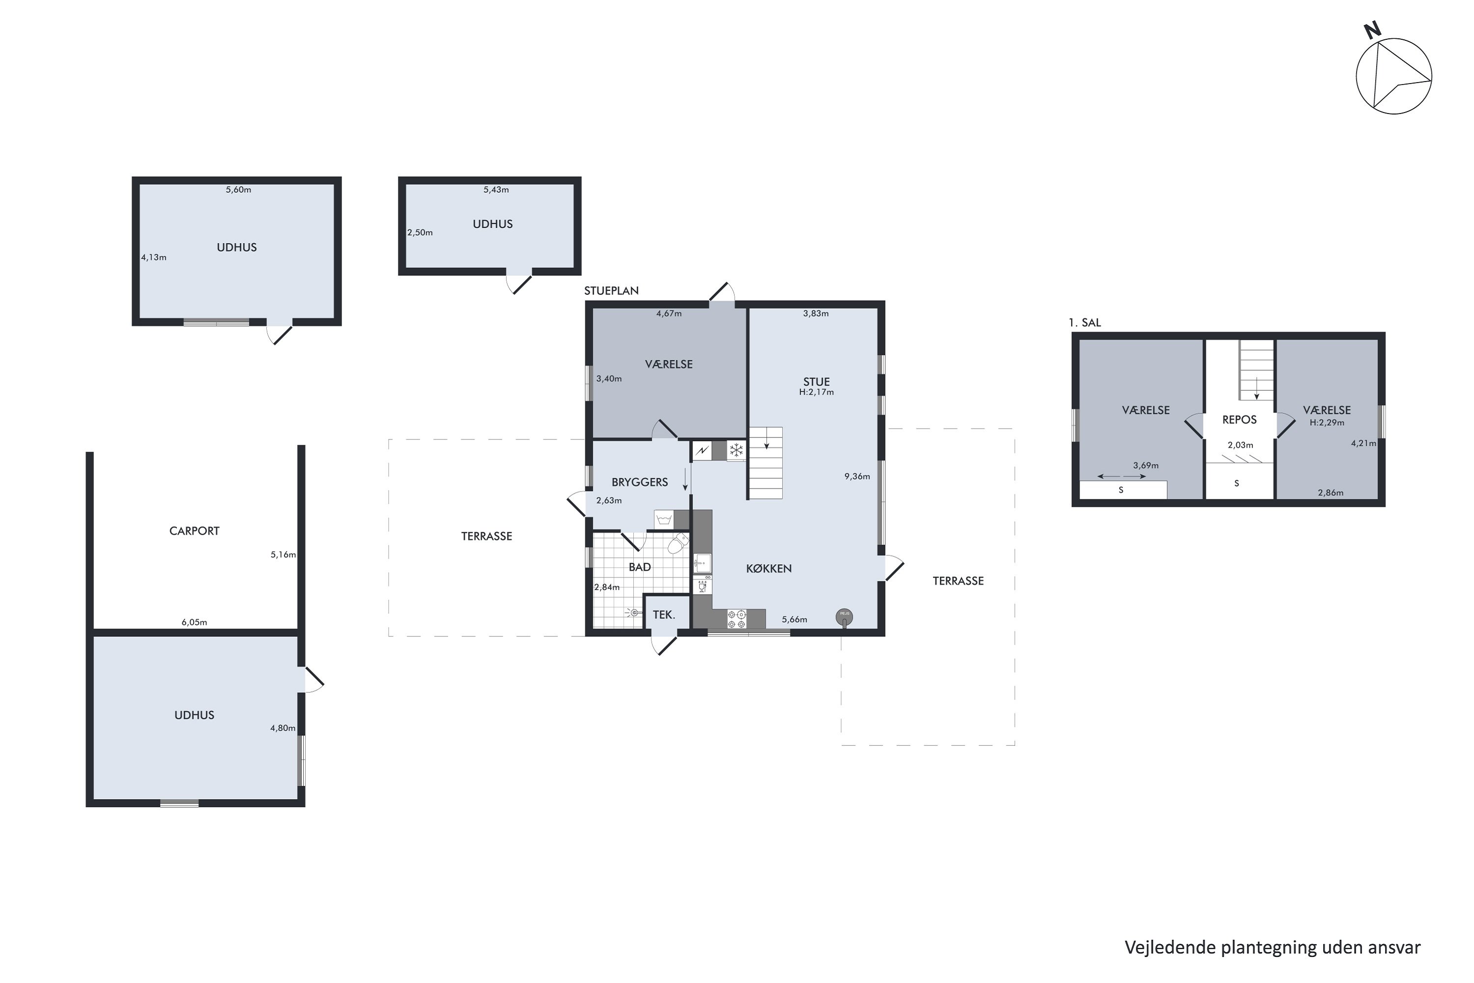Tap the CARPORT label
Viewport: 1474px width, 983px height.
194,531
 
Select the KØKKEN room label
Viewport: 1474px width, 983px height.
769,569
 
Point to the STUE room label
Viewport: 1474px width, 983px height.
817,382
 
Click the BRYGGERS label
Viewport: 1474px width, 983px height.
640,482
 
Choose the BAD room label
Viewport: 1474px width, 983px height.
640,567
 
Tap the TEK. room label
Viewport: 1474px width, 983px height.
664,615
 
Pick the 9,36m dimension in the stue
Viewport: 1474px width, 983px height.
857,476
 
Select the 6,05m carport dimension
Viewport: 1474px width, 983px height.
194,623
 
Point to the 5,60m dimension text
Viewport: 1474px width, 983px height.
239,190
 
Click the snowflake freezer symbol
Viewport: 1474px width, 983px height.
737,450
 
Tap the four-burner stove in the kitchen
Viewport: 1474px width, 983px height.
737,619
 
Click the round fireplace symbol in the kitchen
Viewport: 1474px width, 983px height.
844,617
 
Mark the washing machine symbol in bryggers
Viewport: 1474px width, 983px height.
664,520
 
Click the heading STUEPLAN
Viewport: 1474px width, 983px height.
612,291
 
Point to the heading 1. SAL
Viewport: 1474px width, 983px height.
1085,323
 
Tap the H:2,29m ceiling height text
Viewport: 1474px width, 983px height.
1327,423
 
